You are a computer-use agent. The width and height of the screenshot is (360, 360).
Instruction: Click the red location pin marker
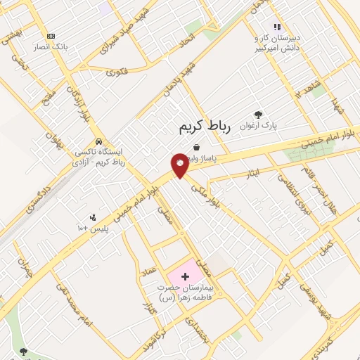tap(180, 165)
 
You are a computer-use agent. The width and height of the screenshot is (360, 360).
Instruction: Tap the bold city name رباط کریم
tap(200, 127)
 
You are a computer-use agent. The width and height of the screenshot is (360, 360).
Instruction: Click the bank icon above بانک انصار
tap(50, 36)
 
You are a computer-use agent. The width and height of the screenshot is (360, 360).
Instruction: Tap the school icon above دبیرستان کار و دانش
tap(277, 27)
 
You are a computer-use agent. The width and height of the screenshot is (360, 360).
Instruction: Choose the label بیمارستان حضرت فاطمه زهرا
tap(184, 293)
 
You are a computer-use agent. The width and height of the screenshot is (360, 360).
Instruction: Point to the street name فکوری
tap(117, 71)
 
